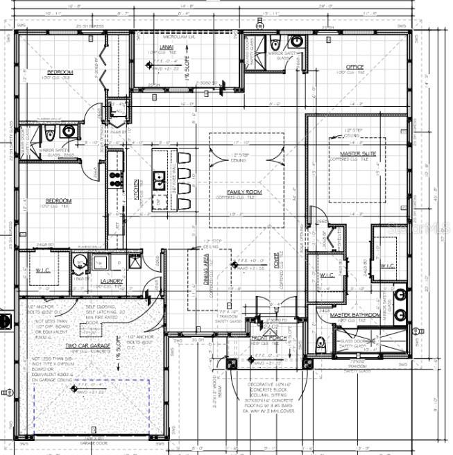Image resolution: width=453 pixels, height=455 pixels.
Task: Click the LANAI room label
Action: (x=166, y=46)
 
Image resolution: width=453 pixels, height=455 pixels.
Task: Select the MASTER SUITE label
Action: (x=358, y=153)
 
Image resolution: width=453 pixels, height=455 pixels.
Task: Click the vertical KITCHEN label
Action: (x=137, y=189)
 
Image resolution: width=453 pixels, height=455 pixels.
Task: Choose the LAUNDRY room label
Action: (x=111, y=281)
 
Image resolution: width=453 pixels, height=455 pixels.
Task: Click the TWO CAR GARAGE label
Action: (x=88, y=345)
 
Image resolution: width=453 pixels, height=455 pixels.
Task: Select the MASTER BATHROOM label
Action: (x=354, y=315)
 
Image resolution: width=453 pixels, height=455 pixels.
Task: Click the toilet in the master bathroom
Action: (x=321, y=343)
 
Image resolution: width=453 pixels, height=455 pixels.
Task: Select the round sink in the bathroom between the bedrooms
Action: (x=69, y=130)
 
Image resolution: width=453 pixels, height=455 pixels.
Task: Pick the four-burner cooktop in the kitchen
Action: (x=114, y=181)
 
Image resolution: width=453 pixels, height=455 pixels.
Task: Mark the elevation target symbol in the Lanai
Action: (x=148, y=65)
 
